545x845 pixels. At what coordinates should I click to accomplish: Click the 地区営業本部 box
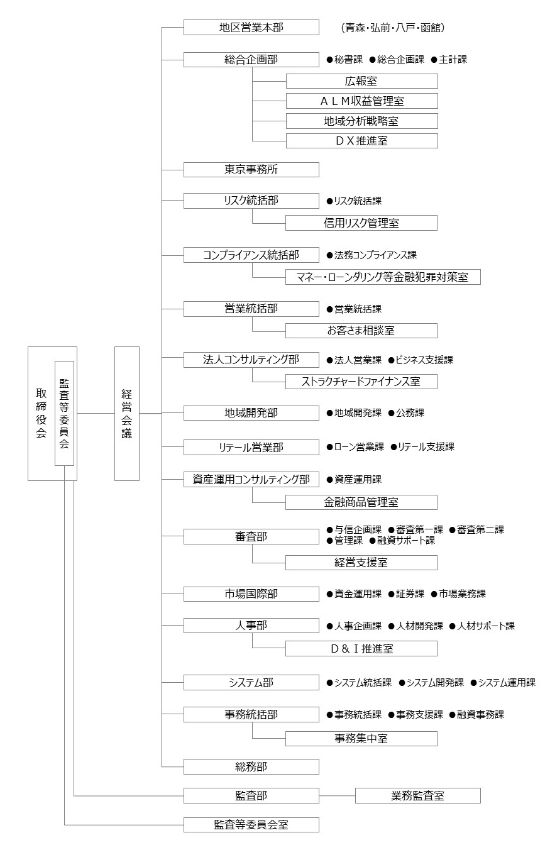pyautogui.click(x=251, y=28)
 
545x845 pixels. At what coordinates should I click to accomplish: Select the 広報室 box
pyautogui.click(x=361, y=81)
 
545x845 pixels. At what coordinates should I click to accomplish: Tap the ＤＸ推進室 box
pyautogui.click(x=361, y=141)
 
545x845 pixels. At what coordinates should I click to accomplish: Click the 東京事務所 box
pyautogui.click(x=251, y=170)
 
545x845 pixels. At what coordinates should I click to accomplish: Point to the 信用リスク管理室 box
pyautogui.click(x=361, y=223)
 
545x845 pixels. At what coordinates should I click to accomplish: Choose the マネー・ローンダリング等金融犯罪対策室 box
pyautogui.click(x=383, y=277)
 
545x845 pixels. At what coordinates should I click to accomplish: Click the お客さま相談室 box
pyautogui.click(x=361, y=331)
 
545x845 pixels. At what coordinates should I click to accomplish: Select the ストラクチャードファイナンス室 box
pyautogui.click(x=361, y=382)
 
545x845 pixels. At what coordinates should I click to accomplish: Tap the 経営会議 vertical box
pyautogui.click(x=127, y=414)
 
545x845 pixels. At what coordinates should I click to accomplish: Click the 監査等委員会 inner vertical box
pyautogui.click(x=64, y=414)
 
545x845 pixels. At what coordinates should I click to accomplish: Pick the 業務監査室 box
pyautogui.click(x=418, y=795)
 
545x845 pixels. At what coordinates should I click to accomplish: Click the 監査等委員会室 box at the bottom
pyautogui.click(x=251, y=825)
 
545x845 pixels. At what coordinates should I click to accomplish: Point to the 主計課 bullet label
pyautogui.click(x=449, y=60)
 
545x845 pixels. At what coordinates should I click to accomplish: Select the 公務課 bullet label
pyautogui.click(x=406, y=413)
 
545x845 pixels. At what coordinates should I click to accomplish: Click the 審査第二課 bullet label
pyautogui.click(x=476, y=529)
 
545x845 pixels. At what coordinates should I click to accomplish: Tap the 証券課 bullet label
pyautogui.click(x=406, y=594)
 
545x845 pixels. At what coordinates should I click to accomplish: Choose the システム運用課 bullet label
pyautogui.click(x=503, y=682)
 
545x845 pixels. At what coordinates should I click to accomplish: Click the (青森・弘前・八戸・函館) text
pyautogui.click(x=393, y=28)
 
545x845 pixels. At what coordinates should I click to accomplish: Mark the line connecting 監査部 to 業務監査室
pyautogui.click(x=337, y=795)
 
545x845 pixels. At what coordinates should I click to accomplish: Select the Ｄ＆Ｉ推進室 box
pyautogui.click(x=361, y=648)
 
